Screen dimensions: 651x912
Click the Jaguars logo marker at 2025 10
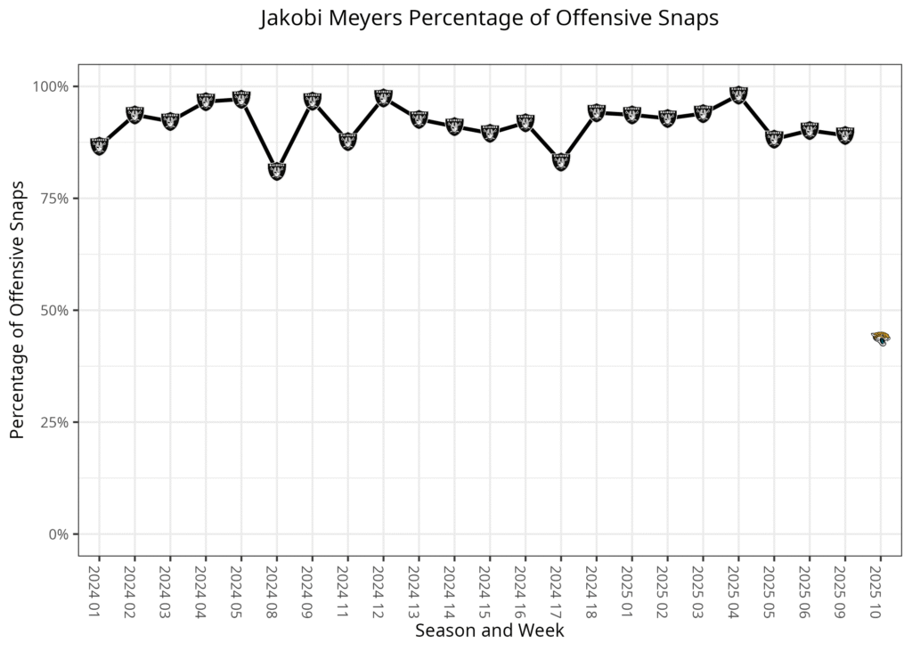(880, 338)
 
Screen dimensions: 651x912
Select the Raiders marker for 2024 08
(276, 170)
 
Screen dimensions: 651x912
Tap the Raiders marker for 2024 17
(560, 160)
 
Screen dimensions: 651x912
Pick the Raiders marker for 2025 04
(737, 94)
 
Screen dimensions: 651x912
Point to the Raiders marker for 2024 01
(99, 145)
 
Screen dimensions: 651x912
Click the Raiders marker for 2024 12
(383, 97)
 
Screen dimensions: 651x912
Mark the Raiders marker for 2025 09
(844, 134)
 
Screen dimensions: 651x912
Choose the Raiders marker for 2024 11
(347, 140)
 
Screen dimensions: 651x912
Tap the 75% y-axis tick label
(56, 199)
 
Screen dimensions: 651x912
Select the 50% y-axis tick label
(56, 310)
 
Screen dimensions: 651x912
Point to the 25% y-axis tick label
(56, 422)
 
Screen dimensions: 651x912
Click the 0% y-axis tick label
(60, 534)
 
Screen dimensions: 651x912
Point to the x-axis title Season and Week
(489, 630)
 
